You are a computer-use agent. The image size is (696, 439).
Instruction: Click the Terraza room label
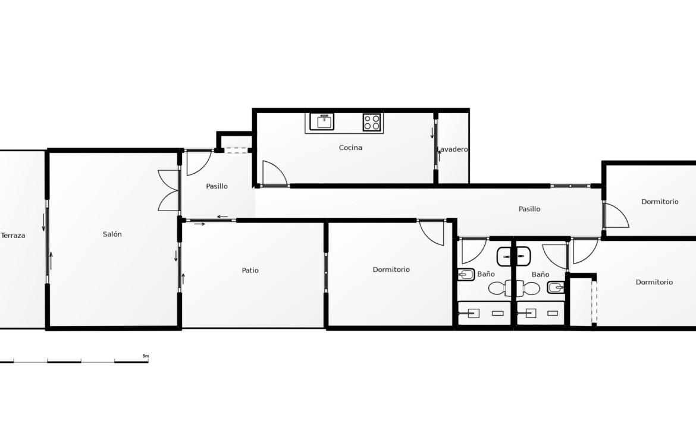pyautogui.click(x=13, y=235)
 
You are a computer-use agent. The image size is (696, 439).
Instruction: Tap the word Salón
pyautogui.click(x=112, y=234)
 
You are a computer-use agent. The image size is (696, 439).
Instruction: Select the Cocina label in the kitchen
pyautogui.click(x=350, y=148)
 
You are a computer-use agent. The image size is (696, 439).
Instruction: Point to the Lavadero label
pyautogui.click(x=452, y=149)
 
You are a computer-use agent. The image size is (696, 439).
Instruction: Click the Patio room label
pyautogui.click(x=250, y=270)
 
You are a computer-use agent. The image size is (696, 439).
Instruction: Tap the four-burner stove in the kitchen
pyautogui.click(x=372, y=122)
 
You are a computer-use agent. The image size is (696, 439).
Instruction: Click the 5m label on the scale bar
pyautogui.click(x=146, y=356)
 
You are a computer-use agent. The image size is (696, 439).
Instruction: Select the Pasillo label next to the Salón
pyautogui.click(x=217, y=186)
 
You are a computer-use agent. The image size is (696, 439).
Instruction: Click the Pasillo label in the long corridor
pyautogui.click(x=529, y=209)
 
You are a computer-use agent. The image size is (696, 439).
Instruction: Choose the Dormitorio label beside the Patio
pyautogui.click(x=391, y=269)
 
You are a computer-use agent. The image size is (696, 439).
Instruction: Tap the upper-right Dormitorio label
pyautogui.click(x=660, y=202)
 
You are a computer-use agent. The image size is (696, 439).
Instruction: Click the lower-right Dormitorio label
pyautogui.click(x=654, y=282)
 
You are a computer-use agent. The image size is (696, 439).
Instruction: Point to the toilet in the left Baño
pyautogui.click(x=500, y=289)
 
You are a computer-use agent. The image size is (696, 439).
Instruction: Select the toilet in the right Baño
pyautogui.click(x=528, y=289)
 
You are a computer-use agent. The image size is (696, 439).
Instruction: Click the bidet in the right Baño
pyautogui.click(x=556, y=288)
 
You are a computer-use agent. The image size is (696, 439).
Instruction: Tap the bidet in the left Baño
pyautogui.click(x=466, y=275)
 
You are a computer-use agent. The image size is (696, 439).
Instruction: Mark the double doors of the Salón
pyautogui.click(x=169, y=190)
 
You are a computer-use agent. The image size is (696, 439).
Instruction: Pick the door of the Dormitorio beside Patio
pyautogui.click(x=431, y=232)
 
